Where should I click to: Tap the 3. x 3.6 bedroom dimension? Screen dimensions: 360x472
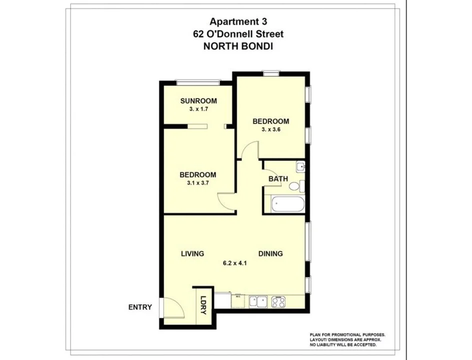click(x=270, y=129)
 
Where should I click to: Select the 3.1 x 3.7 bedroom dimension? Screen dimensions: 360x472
click(x=197, y=183)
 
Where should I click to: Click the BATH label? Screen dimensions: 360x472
click(x=277, y=178)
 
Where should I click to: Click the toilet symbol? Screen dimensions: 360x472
click(x=295, y=186)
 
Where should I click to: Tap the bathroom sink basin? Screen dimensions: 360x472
click(x=300, y=166)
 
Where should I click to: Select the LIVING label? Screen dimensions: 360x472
click(x=192, y=253)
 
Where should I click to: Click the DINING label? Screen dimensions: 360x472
click(x=270, y=253)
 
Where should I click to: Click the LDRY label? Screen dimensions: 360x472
click(x=203, y=304)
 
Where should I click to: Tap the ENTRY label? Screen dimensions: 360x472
click(x=139, y=307)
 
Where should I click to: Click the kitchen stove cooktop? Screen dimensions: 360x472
click(x=278, y=301)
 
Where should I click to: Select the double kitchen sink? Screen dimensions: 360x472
click(x=258, y=301)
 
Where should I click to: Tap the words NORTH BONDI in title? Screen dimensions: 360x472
click(x=238, y=46)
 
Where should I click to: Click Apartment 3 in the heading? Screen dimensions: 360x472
click(x=238, y=21)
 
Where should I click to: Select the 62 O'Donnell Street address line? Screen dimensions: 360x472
click(x=238, y=34)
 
